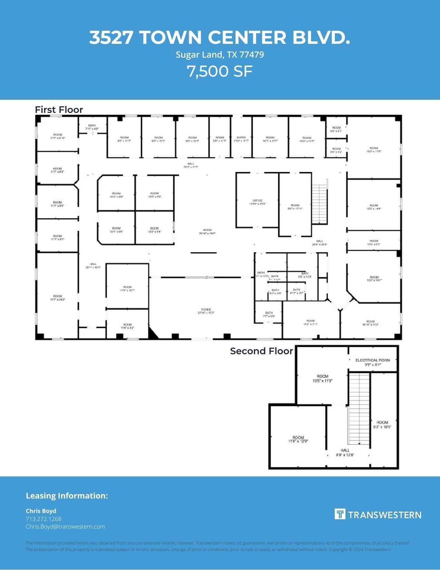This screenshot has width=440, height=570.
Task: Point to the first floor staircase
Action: (x=320, y=204)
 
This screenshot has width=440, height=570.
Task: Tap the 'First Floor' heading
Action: (x=59, y=110)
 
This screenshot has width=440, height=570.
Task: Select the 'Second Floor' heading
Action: (x=261, y=351)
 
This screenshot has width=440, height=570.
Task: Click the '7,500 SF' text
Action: (x=219, y=71)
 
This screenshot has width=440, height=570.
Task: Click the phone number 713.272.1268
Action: (x=43, y=519)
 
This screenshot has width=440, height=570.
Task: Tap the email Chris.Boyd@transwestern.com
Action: (x=65, y=526)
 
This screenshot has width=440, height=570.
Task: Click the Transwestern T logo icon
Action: (x=340, y=514)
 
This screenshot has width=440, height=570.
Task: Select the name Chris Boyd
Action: (x=41, y=511)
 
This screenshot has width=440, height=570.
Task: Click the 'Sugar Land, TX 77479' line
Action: (x=220, y=55)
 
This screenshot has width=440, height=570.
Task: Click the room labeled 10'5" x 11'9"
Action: (x=322, y=378)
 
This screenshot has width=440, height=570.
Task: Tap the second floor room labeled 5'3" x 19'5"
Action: (x=382, y=425)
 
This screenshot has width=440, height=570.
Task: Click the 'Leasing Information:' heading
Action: (x=67, y=496)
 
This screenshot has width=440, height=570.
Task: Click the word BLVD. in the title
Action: (x=321, y=37)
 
